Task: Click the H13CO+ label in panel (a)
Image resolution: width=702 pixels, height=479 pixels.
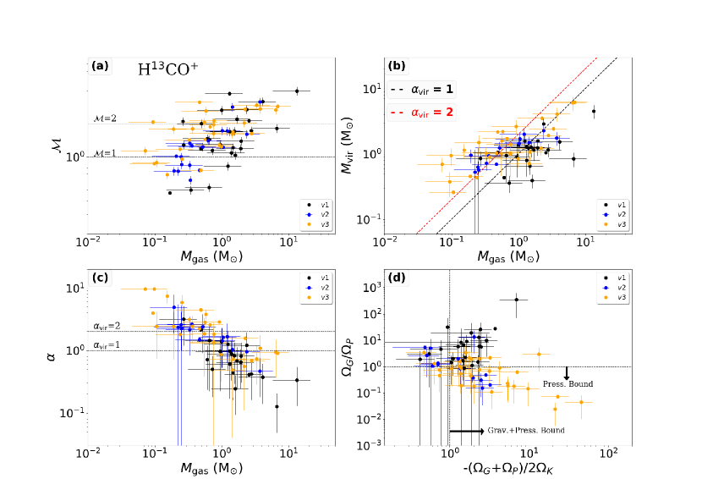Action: (167, 70)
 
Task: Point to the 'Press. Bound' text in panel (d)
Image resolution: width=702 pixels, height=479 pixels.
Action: (568, 384)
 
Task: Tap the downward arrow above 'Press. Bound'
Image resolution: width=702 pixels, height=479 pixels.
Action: (567, 372)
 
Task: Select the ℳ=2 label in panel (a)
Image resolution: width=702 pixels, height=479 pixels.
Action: (105, 118)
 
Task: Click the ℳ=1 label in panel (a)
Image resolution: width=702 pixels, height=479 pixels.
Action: (105, 153)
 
